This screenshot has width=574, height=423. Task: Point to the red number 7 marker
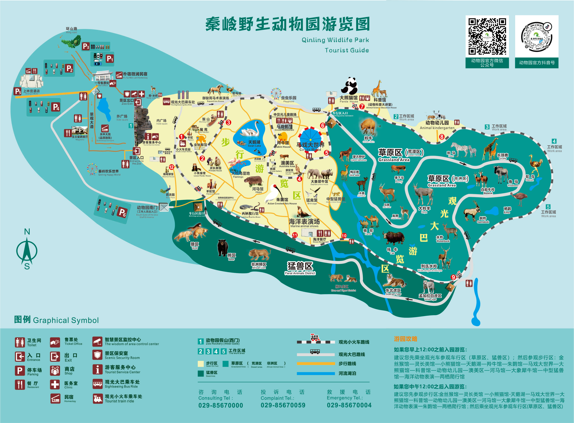[x=362, y=106]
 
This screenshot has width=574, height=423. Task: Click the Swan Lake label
[x=254, y=143]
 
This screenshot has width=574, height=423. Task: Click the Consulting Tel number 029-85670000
[x=221, y=405]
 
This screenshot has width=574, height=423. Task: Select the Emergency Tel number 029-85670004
[x=349, y=405]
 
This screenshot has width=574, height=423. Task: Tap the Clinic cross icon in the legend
[x=55, y=384]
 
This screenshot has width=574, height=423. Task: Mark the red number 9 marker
[x=453, y=277]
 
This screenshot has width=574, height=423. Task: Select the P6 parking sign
[x=122, y=212]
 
